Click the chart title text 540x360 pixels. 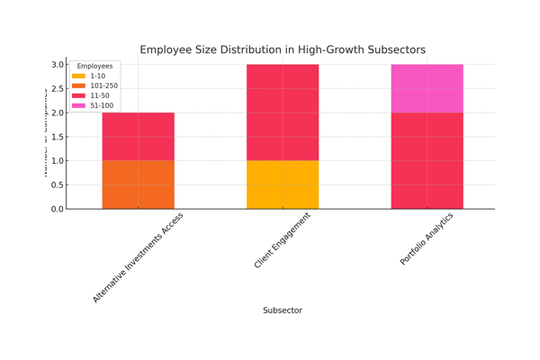pos(283,49)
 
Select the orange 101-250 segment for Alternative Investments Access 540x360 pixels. pos(138,184)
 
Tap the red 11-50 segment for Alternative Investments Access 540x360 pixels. pos(138,137)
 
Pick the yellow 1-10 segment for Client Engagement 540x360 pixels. pos(283,184)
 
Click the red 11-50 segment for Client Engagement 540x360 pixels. pos(283,112)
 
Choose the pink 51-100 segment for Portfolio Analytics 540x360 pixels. pos(427,88)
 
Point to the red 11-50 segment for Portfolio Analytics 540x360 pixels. pos(427,160)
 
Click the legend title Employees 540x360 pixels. pos(94,67)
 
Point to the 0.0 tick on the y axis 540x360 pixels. pos(58,209)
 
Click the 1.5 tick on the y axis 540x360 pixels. pos(58,137)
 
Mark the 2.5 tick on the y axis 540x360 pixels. pos(58,89)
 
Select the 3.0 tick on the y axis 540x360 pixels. pos(58,65)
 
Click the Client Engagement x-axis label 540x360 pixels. pos(283,240)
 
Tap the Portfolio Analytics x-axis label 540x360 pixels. pos(427,239)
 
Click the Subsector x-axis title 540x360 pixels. pos(283,310)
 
